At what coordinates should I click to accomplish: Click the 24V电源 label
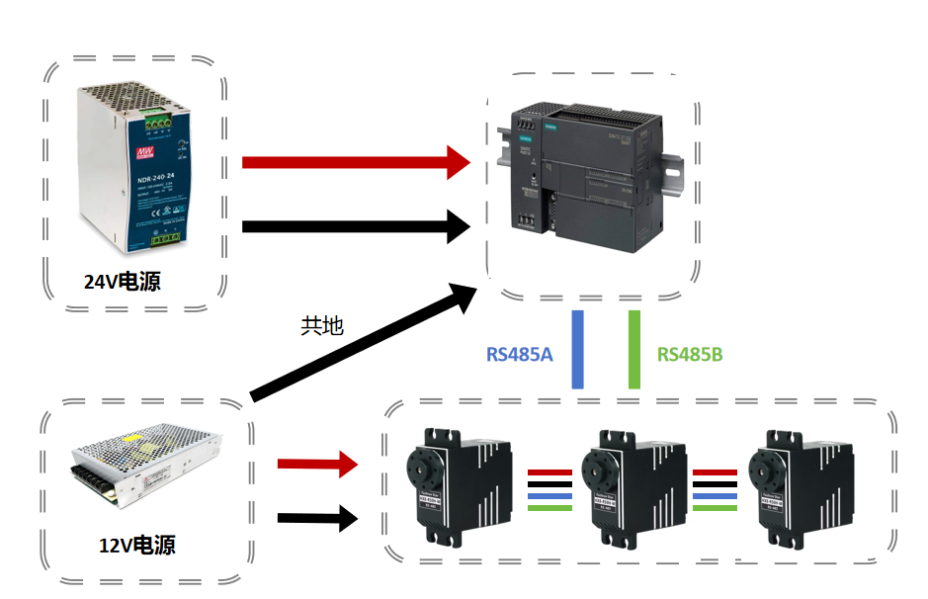tap(122, 282)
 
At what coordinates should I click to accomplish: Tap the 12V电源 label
tap(136, 545)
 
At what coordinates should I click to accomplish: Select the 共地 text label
tap(321, 325)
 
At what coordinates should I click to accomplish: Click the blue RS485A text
tap(519, 354)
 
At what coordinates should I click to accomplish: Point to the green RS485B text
tap(690, 354)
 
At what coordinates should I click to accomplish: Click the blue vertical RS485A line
tap(578, 349)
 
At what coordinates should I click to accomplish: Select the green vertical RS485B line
tap(634, 349)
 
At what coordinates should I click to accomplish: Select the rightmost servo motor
tap(797, 484)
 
